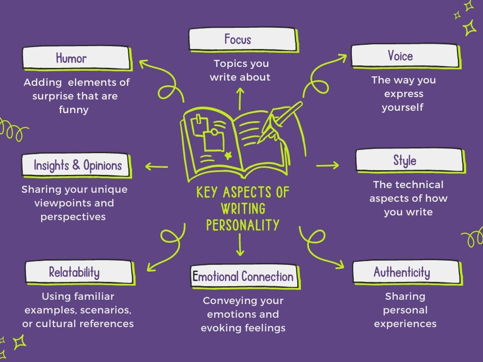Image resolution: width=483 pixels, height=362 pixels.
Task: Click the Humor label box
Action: coord(75,58)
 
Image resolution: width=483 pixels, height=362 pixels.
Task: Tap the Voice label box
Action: coord(404,56)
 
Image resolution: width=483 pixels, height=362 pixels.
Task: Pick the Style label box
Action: coord(408,160)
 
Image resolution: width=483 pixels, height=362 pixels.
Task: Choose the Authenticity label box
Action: coord(406,272)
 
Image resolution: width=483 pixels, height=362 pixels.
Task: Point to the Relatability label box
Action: coord(78,272)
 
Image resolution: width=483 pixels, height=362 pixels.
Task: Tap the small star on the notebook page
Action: coord(229,155)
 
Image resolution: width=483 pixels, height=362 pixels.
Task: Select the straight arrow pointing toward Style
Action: coord(327,165)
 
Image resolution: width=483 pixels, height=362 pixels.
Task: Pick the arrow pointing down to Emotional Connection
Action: coord(240,245)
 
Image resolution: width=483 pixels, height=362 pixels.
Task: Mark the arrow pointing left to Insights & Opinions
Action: coord(157,166)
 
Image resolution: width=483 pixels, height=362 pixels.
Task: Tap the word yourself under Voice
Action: coord(402,107)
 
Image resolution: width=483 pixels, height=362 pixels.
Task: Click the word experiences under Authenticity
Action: coord(405,324)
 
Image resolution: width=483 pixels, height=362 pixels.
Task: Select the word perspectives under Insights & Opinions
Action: coord(73,217)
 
